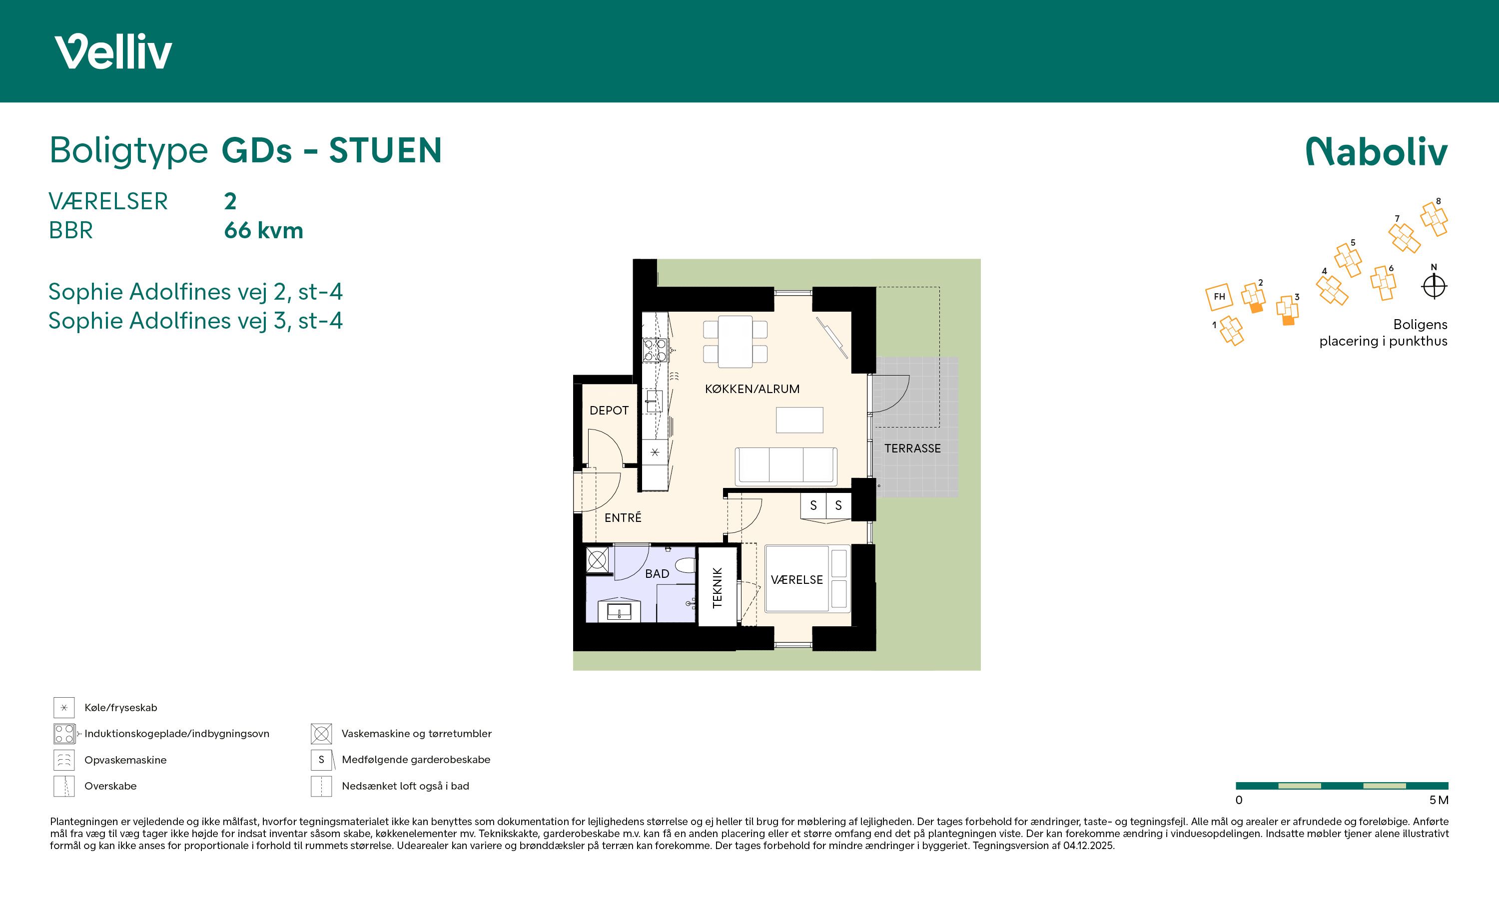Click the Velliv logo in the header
pos(113,51)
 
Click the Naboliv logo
pos(1377,151)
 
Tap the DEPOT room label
pos(609,410)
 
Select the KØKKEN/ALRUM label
pos(752,389)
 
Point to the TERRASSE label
pos(912,449)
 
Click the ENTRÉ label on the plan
pos(623,517)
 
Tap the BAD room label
pos(657,574)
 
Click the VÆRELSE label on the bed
pos(797,580)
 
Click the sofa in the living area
pos(786,466)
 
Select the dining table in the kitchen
pos(736,342)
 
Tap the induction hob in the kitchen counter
pos(655,350)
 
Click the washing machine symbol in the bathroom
pos(597,560)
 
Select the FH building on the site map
pos(1219,297)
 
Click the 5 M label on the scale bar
pos(1439,800)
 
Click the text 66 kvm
pos(263,230)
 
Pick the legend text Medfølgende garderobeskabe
pos(416,760)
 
